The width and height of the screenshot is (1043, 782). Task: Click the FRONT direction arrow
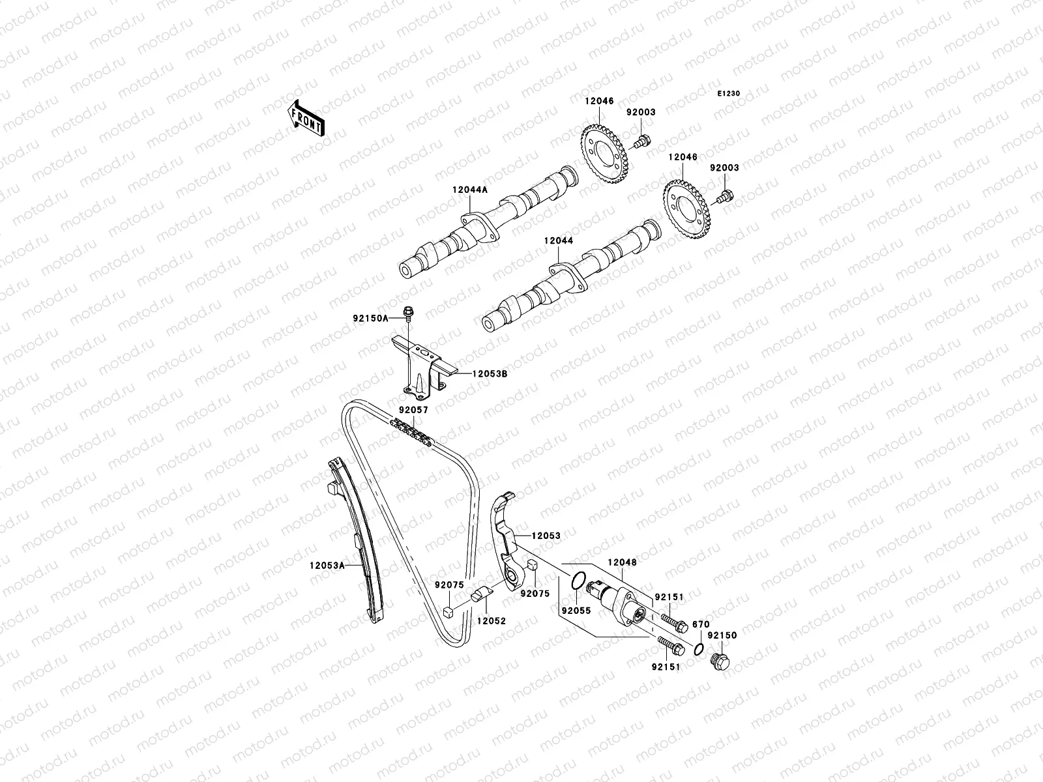tap(306, 118)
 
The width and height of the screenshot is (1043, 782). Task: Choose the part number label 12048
tap(622, 562)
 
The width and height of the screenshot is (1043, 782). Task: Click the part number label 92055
tap(576, 611)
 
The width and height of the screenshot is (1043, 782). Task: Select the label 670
tap(700, 624)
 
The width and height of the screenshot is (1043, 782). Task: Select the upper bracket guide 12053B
tap(420, 368)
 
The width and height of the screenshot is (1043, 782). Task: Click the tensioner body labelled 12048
tap(616, 598)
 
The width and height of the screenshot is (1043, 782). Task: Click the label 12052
tap(491, 621)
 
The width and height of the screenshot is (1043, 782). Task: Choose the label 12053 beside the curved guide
tap(546, 535)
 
